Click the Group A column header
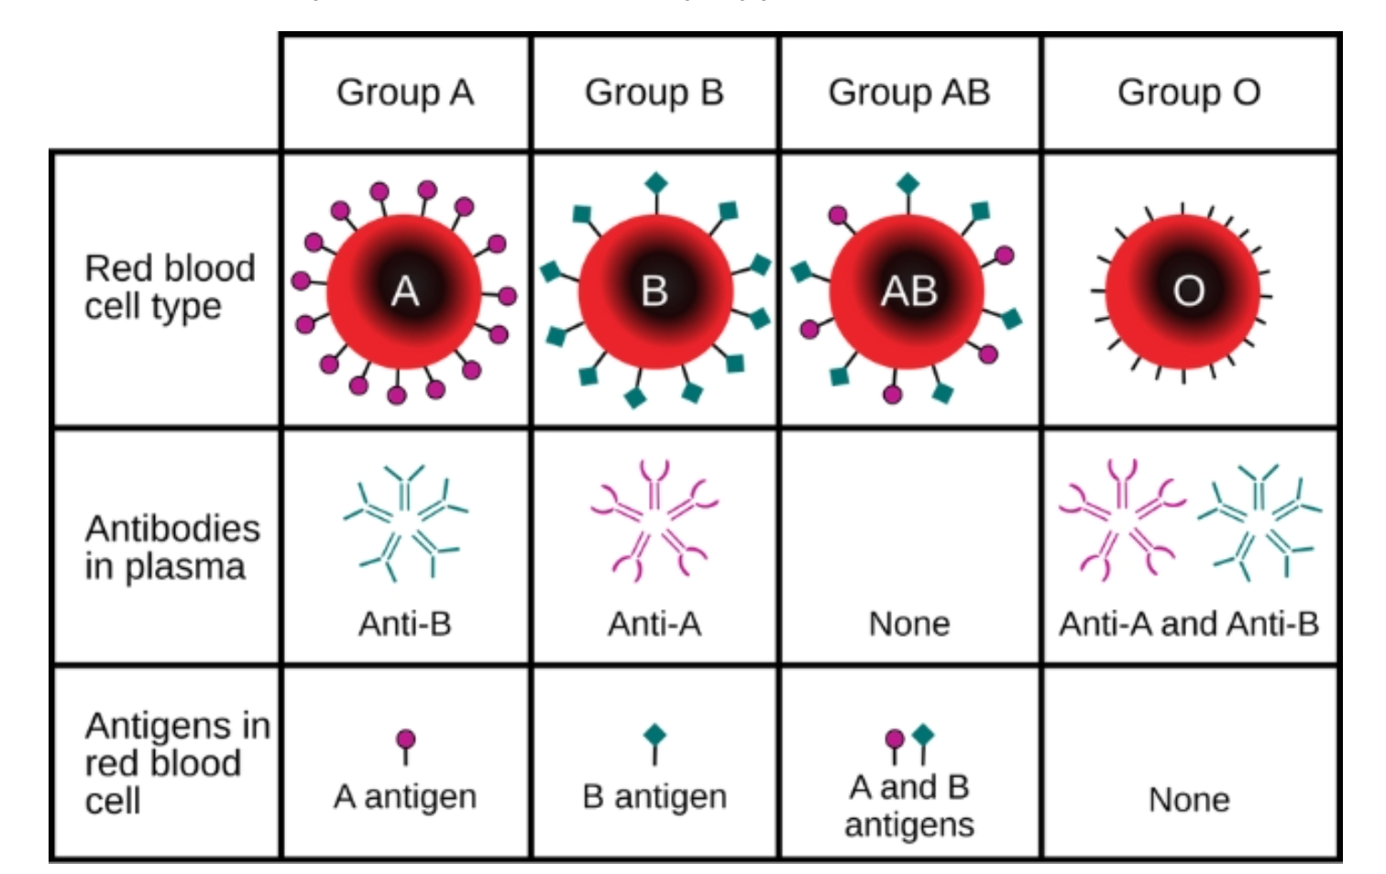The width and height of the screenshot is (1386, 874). (x=405, y=93)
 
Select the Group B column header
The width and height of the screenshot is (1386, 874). (x=654, y=93)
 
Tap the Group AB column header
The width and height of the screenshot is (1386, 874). (x=909, y=93)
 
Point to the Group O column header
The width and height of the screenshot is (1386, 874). (x=1189, y=93)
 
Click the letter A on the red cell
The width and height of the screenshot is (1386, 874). (x=405, y=290)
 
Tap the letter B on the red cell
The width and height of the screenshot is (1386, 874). (x=654, y=290)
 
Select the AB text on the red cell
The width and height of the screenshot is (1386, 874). (x=909, y=290)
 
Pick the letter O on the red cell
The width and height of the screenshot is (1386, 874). (x=1189, y=290)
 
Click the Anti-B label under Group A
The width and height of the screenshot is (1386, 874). (x=405, y=624)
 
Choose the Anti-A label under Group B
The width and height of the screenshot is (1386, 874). (x=654, y=624)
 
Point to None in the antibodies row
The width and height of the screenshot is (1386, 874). (x=909, y=624)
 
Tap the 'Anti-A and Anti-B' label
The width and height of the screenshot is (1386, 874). (x=1189, y=624)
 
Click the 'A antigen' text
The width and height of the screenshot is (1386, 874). (x=405, y=797)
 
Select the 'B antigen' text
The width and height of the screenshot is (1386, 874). (x=654, y=797)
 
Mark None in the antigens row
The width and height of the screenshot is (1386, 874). (x=1189, y=800)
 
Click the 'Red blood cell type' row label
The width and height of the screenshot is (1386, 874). (x=170, y=287)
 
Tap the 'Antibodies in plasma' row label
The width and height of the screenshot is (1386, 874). (x=172, y=548)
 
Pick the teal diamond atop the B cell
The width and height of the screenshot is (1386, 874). (x=656, y=184)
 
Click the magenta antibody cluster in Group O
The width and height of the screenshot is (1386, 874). (x=1121, y=519)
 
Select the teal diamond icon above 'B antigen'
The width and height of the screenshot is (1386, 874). (x=654, y=736)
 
